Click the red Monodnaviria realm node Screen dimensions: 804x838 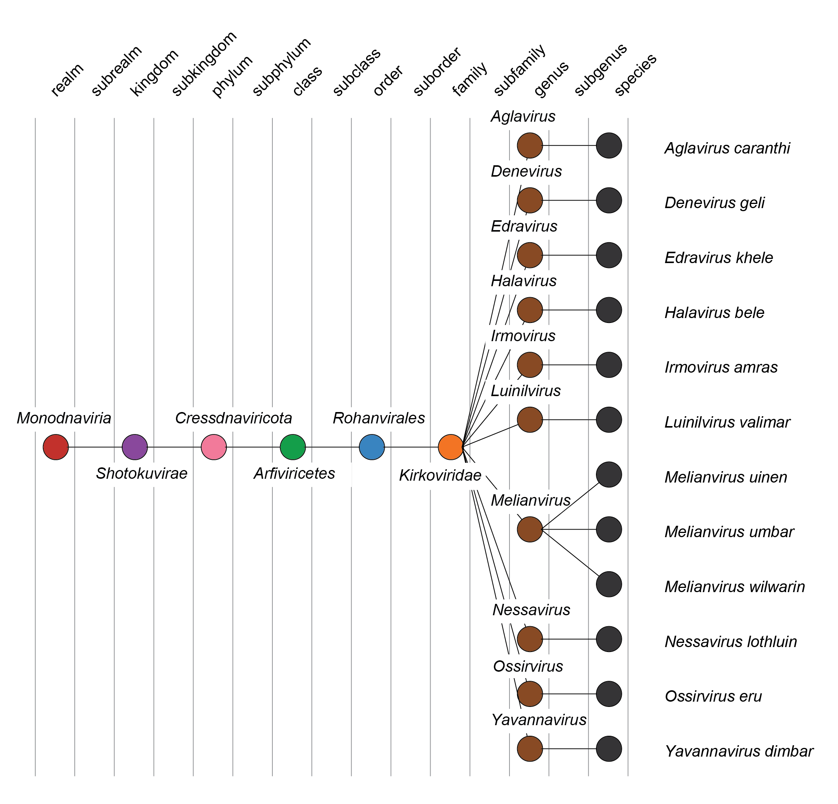coord(56,447)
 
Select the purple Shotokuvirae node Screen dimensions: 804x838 coord(135,447)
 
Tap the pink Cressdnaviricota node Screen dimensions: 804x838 coord(214,447)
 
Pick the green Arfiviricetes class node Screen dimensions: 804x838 coord(293,447)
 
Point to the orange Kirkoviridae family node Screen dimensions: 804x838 coord(451,447)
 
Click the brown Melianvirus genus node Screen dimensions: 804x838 coord(530,529)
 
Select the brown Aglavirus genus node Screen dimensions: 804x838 coord(530,145)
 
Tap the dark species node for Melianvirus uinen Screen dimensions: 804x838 coord(609,474)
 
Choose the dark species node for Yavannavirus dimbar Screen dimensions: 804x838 coord(609,748)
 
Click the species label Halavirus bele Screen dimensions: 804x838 coord(714,313)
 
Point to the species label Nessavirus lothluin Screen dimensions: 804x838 coord(730,642)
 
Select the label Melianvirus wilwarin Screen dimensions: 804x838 coord(734,587)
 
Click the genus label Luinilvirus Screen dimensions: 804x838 coord(525,391)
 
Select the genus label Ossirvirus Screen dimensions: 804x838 coord(528,666)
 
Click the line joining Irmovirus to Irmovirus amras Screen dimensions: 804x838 coord(569,365)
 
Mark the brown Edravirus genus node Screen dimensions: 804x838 coord(530,255)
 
